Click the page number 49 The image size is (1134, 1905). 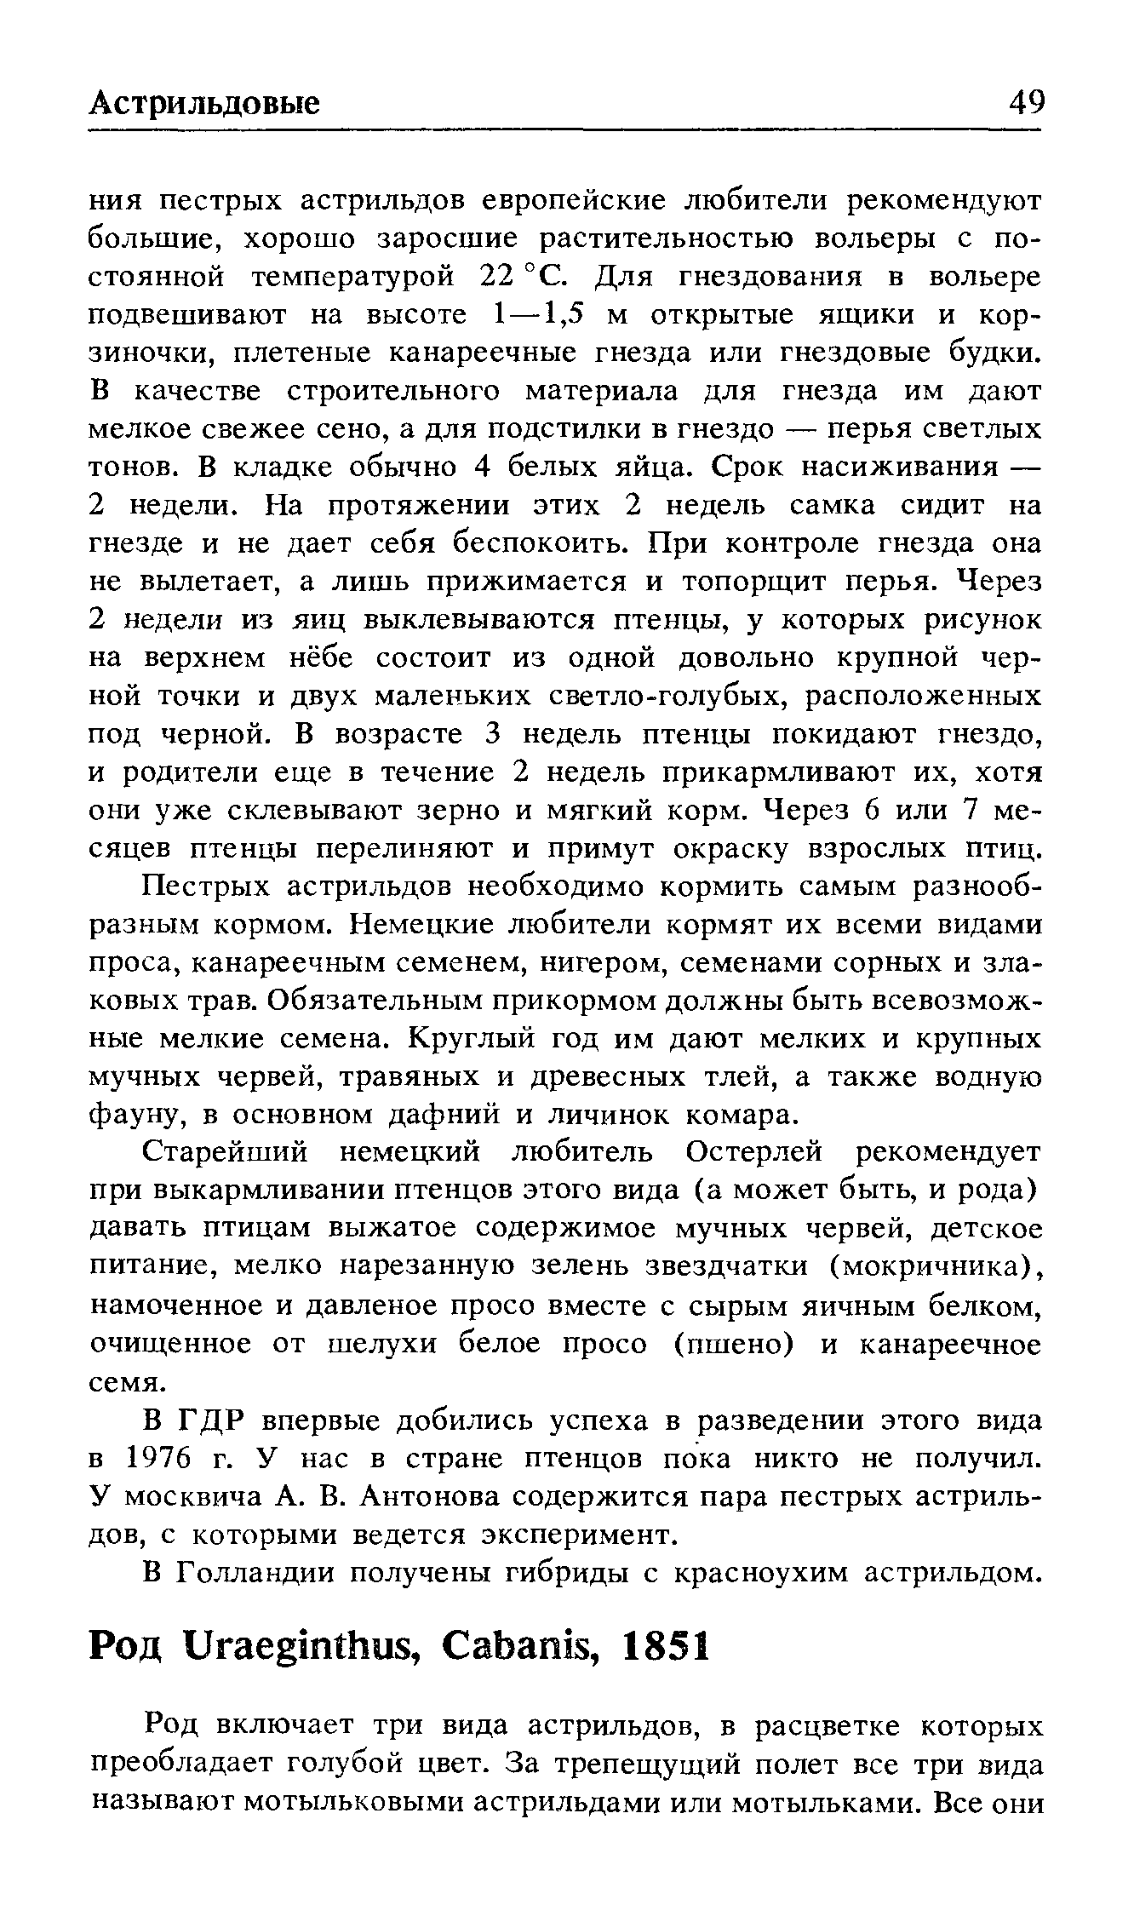(x=1025, y=103)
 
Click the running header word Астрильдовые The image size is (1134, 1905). (x=205, y=104)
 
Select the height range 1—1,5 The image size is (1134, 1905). (x=541, y=315)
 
